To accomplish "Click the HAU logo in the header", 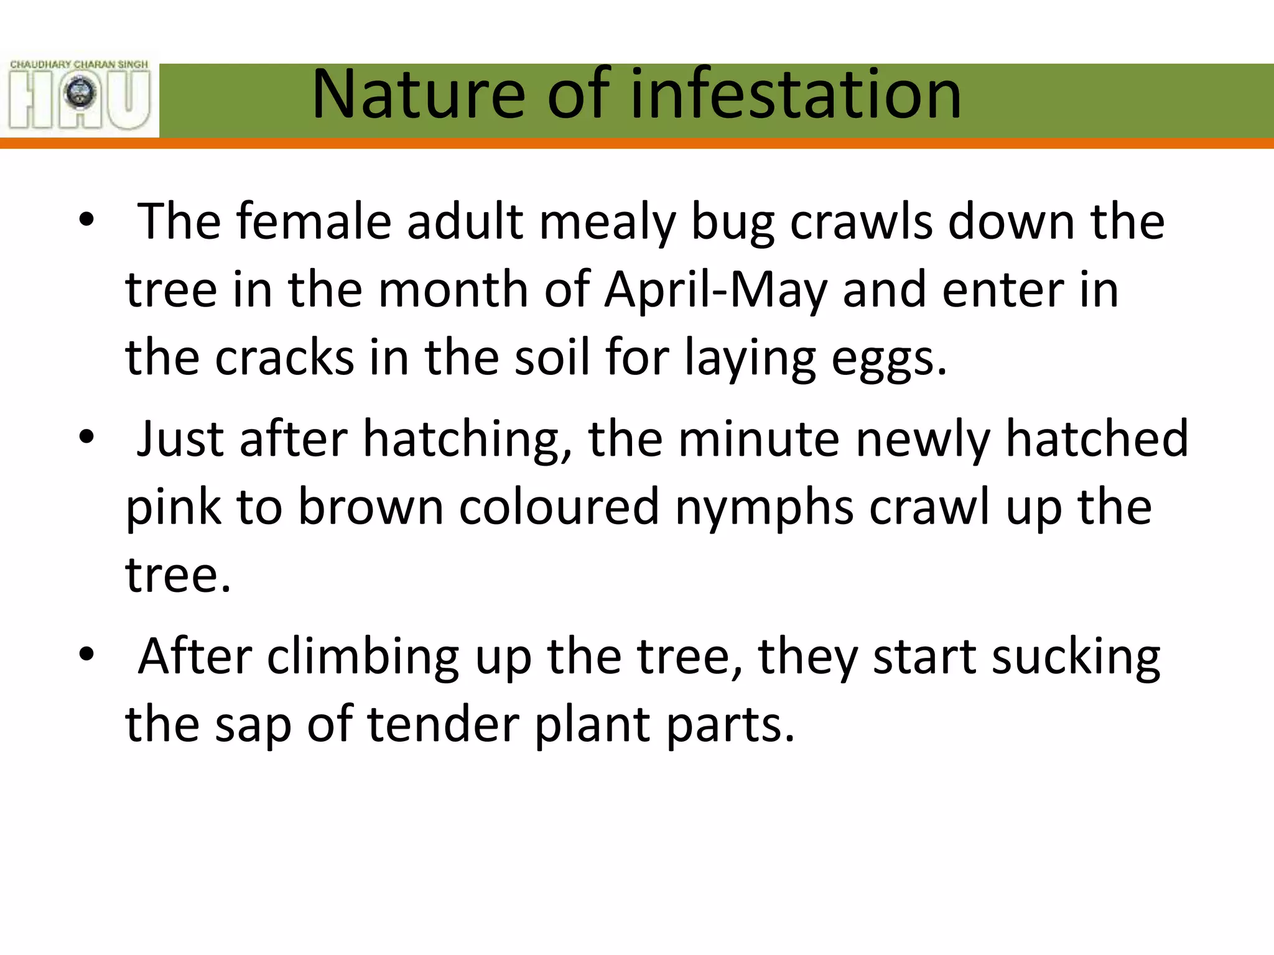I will pos(80,95).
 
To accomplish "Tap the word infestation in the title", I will pos(796,95).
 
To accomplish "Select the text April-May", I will pos(716,291).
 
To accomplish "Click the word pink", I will pos(173,509).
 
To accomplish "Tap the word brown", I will pos(371,507).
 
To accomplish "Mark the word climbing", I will pos(363,658).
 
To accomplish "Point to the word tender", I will pos(444,725).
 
